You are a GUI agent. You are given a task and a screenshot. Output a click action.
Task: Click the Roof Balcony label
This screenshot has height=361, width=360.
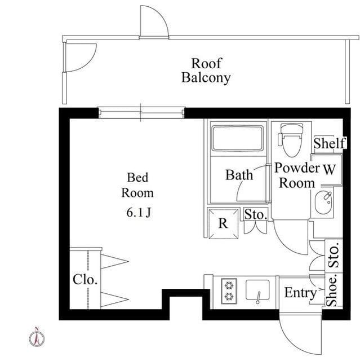coord(206,71)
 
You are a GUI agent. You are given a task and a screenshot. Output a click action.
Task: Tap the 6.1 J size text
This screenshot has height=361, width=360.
coord(139,212)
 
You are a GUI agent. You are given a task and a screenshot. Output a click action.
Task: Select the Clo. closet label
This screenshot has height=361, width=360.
coord(85,279)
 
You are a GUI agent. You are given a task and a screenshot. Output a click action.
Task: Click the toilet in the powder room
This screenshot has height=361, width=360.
coord(291,140)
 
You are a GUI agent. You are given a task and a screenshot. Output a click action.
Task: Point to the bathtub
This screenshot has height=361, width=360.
coord(238,138)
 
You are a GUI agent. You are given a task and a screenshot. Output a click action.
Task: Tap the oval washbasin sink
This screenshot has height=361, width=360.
coord(324,202)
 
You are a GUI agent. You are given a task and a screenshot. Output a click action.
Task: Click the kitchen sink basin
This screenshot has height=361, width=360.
coord(257,290)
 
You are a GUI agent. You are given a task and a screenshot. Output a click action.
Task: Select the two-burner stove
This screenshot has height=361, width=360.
coord(229,291)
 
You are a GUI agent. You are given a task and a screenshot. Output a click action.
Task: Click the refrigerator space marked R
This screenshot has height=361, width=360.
coord(223,223)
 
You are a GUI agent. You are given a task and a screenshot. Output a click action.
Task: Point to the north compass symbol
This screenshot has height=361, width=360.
coord(37,337)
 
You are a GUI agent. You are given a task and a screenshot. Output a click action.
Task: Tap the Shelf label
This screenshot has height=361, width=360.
coord(330,143)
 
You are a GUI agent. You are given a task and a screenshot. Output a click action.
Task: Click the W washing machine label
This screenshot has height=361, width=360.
coord(330,170)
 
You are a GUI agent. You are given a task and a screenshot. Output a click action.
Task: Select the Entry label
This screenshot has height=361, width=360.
coord(300,293)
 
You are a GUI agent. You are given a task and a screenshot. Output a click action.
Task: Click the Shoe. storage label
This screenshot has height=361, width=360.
coord(332,290)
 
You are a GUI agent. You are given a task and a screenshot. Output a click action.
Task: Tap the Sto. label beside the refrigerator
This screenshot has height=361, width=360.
coord(256,214)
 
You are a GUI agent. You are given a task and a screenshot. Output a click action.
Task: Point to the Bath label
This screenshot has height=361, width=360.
coord(239,175)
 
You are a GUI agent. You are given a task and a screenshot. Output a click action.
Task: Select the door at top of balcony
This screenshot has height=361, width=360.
coord(154,21)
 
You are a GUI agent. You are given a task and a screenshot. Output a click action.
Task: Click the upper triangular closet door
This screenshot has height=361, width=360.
coord(114,261)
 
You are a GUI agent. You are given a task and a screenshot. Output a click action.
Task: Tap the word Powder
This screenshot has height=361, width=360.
coord(297,168)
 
